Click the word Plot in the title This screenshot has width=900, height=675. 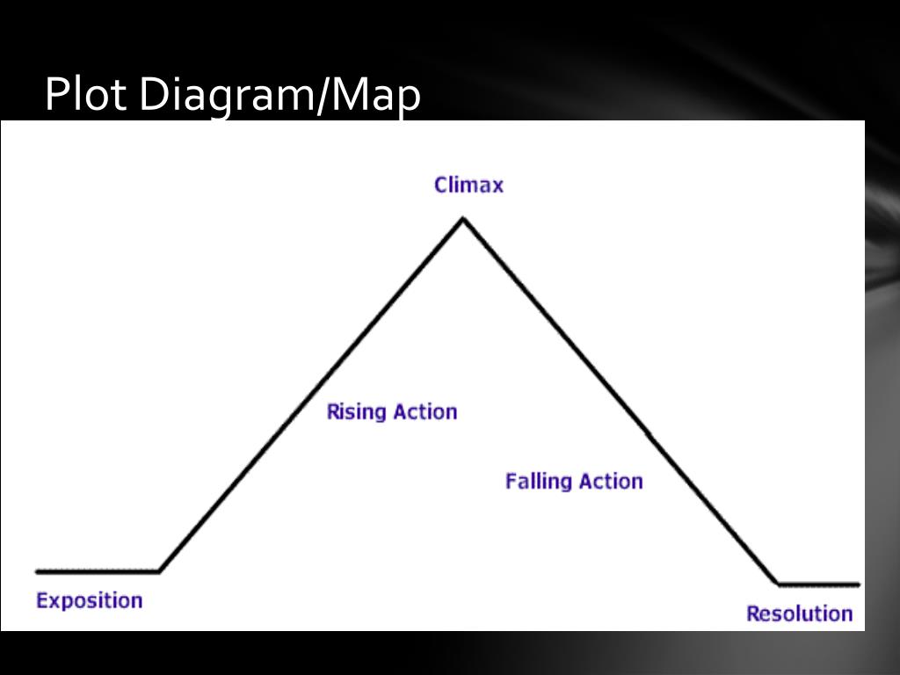(86, 95)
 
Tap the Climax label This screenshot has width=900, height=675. (468, 185)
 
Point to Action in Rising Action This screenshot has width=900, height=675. (425, 411)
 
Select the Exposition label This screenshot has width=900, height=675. (89, 601)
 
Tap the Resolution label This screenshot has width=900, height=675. (799, 613)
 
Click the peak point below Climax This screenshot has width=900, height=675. (462, 219)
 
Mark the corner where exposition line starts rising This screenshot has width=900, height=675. (159, 571)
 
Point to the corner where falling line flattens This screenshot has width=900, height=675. (778, 583)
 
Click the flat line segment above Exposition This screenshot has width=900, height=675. (97, 571)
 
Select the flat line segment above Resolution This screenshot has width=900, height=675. (817, 584)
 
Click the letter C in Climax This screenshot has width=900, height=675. (441, 185)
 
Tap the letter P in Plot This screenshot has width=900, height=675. (55, 95)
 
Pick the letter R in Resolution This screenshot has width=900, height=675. (753, 613)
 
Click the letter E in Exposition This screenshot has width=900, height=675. (41, 601)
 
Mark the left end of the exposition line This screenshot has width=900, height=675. (37, 571)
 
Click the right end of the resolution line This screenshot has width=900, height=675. (859, 584)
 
